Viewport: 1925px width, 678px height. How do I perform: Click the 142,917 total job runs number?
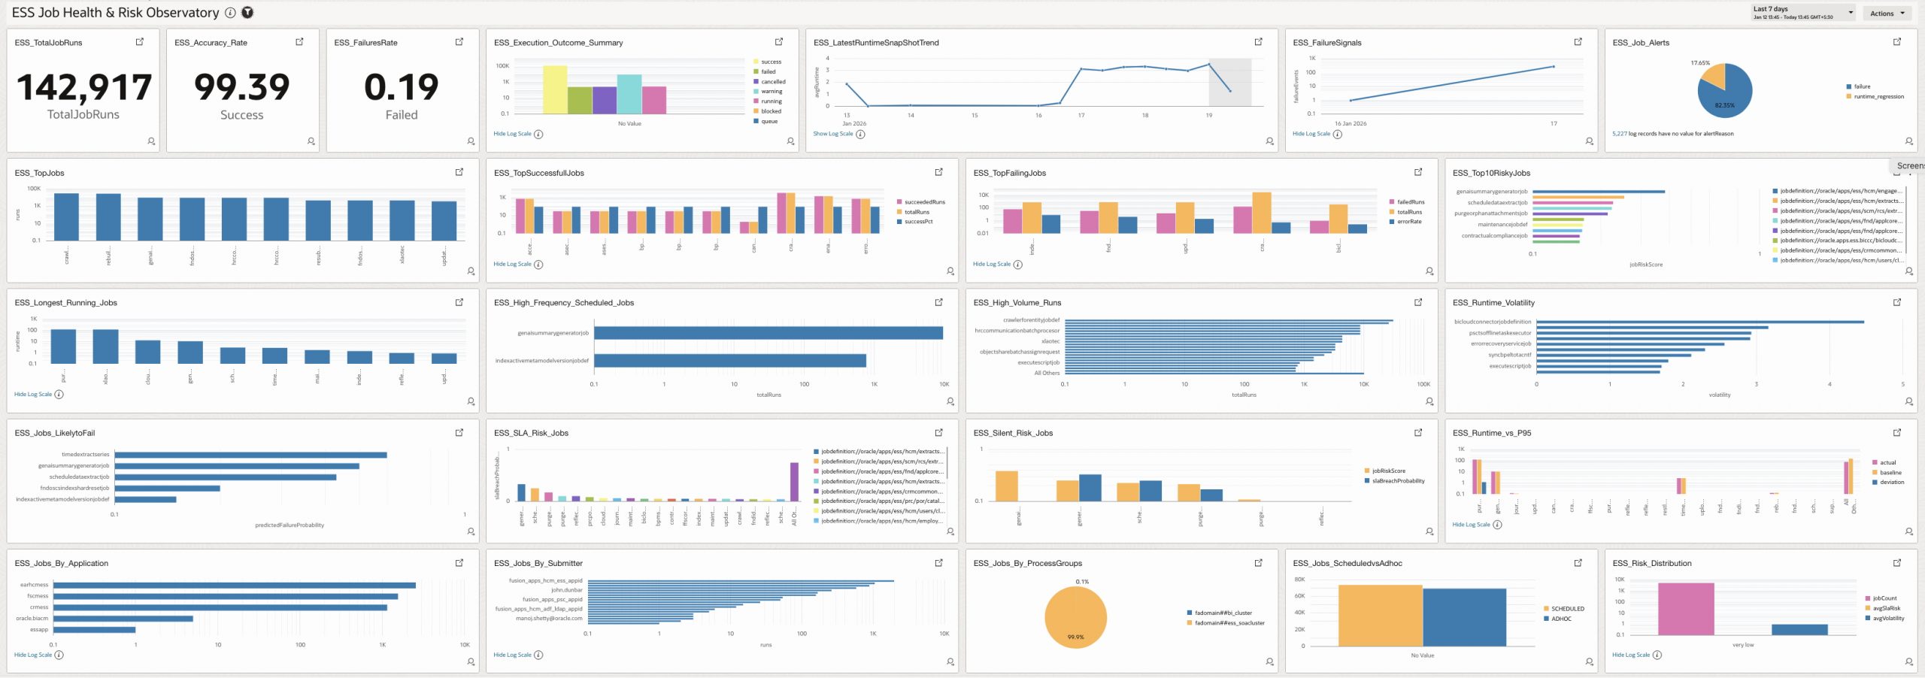(x=83, y=88)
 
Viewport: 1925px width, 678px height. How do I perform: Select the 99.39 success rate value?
(x=241, y=88)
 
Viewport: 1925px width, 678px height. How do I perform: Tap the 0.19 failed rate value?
(x=401, y=88)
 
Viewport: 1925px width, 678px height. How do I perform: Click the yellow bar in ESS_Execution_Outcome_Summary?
(x=555, y=89)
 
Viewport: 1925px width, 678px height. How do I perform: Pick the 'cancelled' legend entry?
(x=772, y=82)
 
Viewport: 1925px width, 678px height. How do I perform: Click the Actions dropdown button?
(x=1886, y=14)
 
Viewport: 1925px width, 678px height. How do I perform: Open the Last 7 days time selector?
(x=1802, y=13)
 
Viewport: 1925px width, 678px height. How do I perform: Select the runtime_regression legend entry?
(x=1878, y=97)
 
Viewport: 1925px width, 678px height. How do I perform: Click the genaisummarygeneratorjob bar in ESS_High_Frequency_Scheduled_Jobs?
(x=767, y=333)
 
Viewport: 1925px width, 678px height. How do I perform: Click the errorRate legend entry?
(x=1408, y=222)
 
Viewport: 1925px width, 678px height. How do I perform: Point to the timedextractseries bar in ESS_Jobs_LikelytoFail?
(x=250, y=455)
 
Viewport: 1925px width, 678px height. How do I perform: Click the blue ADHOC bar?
(x=1464, y=616)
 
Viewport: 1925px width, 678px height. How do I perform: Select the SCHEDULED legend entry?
(x=1567, y=609)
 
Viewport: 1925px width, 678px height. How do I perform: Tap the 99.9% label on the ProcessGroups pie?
(x=1075, y=637)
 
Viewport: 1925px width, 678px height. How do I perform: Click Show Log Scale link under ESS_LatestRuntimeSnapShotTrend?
(x=832, y=134)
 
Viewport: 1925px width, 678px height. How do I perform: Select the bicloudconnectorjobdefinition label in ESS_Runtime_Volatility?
(x=1492, y=322)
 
